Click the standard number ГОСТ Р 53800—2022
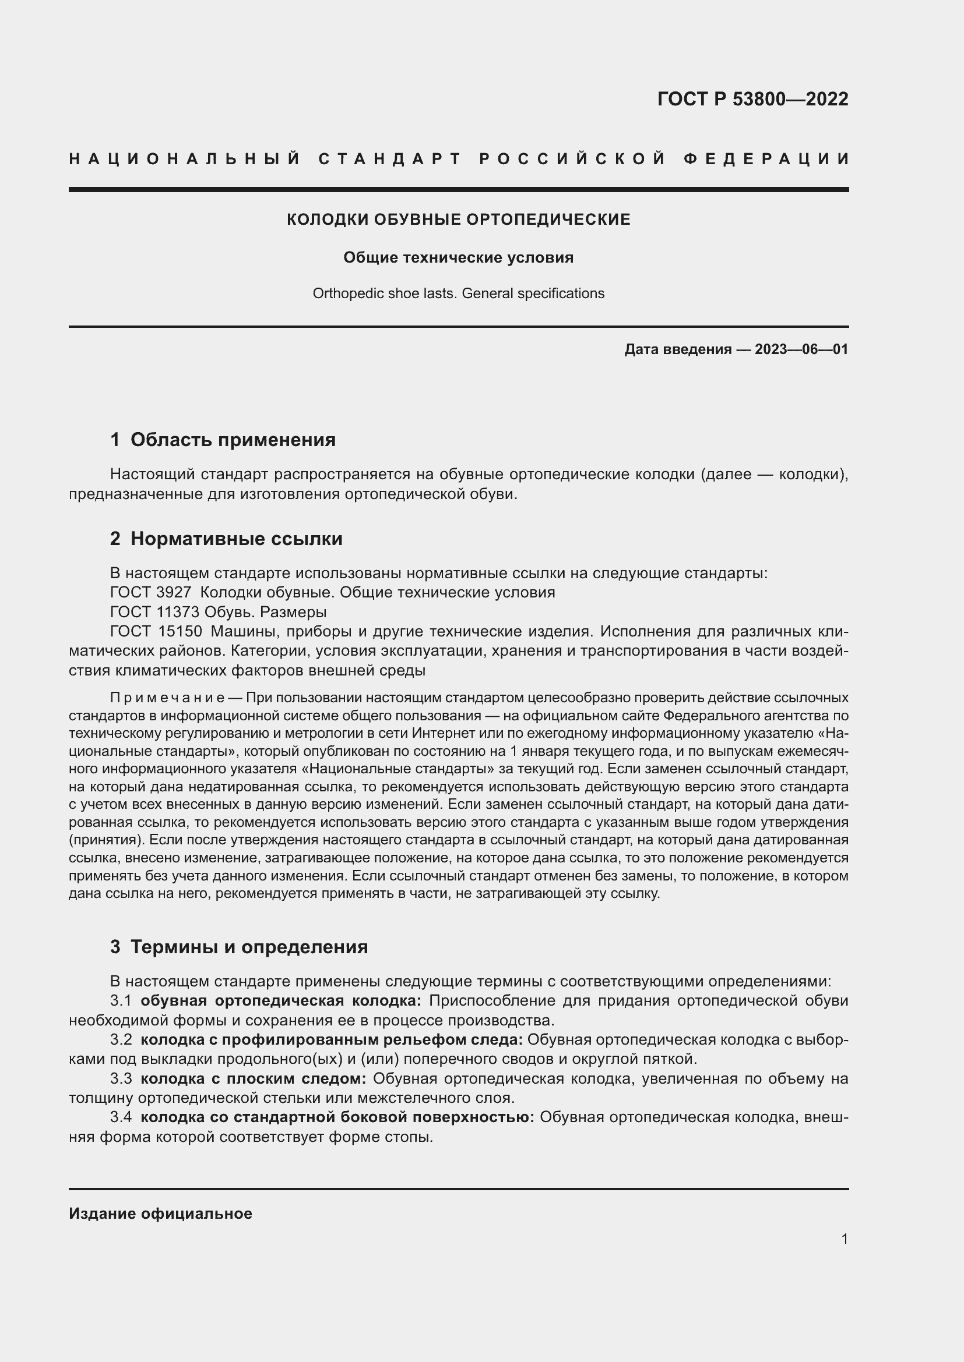[752, 99]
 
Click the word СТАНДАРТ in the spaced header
[390, 159]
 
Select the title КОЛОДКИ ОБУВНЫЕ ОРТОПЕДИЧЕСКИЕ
[458, 220]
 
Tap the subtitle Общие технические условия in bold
[458, 257]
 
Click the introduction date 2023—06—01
[801, 349]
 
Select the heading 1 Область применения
[223, 440]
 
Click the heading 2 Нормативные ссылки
[226, 539]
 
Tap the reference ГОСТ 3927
[151, 593]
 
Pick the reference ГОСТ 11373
[155, 611]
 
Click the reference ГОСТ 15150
[156, 631]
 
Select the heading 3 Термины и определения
[238, 947]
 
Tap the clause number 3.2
[121, 1040]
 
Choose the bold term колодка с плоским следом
[254, 1078]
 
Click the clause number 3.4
[121, 1117]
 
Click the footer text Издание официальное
[160, 1214]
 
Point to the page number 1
[845, 1239]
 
